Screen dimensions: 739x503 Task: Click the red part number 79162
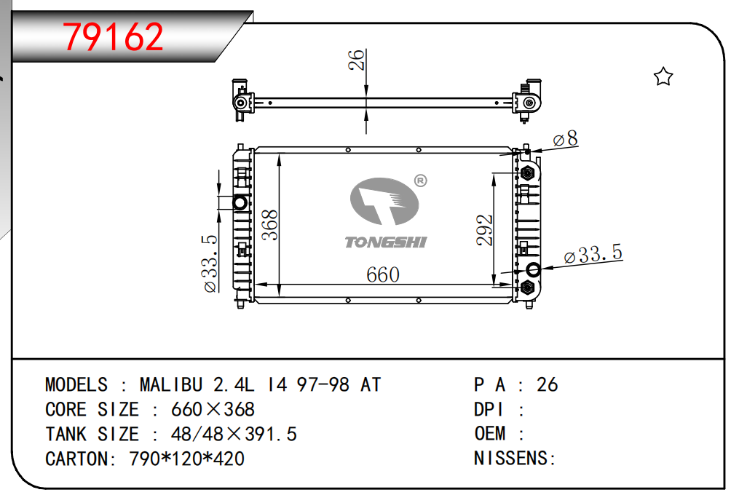pos(113,37)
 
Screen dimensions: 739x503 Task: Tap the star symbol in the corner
pos(663,76)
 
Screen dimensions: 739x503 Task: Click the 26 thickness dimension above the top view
pos(357,60)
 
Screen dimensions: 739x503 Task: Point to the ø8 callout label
pos(565,138)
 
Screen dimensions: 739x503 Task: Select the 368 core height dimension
pos(269,226)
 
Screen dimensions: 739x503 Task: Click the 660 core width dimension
pos(383,275)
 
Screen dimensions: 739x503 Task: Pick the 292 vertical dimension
pos(484,230)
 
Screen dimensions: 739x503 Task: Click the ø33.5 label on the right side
pos(593,254)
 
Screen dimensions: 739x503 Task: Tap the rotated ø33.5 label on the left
pos(210,264)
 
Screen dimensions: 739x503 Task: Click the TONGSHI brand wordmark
pos(386,242)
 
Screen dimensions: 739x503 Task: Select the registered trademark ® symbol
pos(420,181)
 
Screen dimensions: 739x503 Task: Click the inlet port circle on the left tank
pos(240,203)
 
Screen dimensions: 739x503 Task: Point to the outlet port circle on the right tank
pos(534,270)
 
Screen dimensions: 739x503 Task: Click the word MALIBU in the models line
pos(171,384)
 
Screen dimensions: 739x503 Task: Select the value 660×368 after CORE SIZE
pos(213,409)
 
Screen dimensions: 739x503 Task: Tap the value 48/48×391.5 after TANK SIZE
pos(234,434)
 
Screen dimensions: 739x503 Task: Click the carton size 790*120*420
pos(186,459)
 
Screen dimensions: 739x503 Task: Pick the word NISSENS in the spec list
pos(511,458)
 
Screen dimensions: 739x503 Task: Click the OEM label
pos(490,433)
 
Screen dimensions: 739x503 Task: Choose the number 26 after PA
pos(548,384)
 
